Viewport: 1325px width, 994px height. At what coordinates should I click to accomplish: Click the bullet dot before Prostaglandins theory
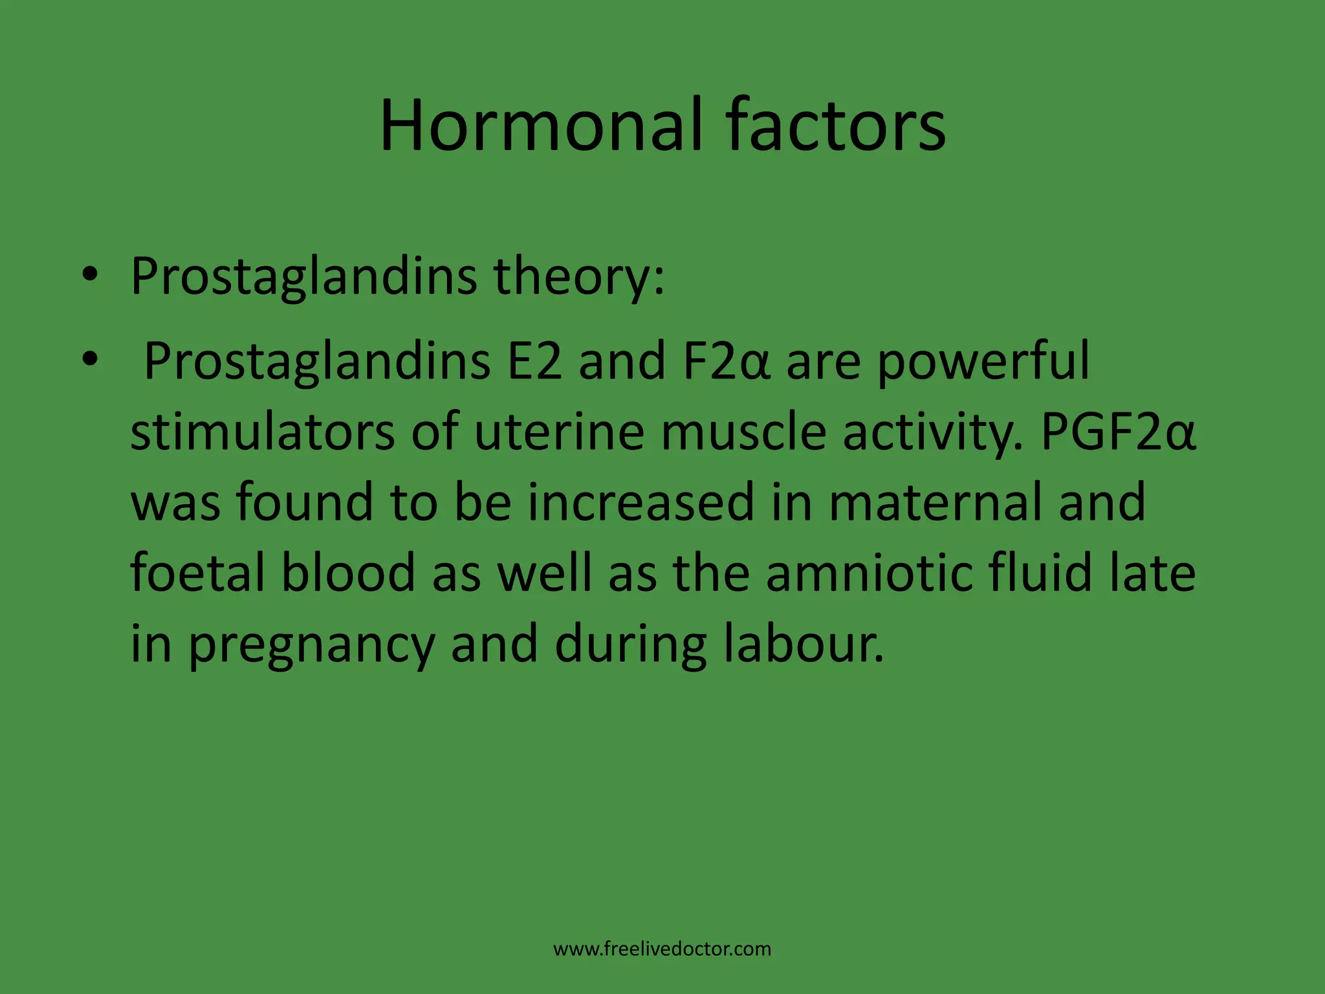pyautogui.click(x=90, y=274)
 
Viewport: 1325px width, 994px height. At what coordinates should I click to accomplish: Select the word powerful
pyautogui.click(x=983, y=362)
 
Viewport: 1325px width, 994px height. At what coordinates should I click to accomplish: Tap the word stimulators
pyautogui.click(x=263, y=432)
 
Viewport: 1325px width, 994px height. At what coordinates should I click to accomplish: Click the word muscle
pyautogui.click(x=743, y=432)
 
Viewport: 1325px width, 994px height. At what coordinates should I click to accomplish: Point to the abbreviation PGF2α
pyautogui.click(x=1119, y=432)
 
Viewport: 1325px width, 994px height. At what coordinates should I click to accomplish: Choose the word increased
pyautogui.click(x=641, y=502)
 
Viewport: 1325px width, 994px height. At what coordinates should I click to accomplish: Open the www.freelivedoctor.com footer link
pyautogui.click(x=662, y=949)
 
